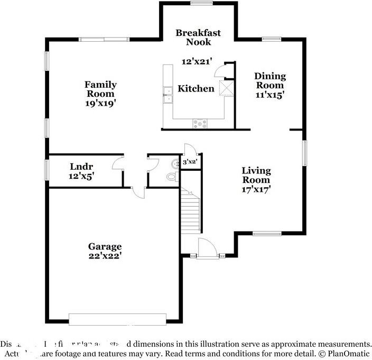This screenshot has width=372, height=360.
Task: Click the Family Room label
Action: pyautogui.click(x=100, y=89)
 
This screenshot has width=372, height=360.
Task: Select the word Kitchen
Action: pyautogui.click(x=196, y=89)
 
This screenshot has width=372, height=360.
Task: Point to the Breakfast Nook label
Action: pyautogui.click(x=198, y=37)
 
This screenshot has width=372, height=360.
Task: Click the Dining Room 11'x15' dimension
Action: pyautogui.click(x=270, y=95)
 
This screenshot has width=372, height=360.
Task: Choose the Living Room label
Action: pyautogui.click(x=256, y=176)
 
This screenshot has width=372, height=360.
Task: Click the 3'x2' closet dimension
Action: pyautogui.click(x=190, y=162)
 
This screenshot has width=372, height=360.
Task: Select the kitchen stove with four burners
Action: pyautogui.click(x=200, y=124)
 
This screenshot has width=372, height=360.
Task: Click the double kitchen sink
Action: pyautogui.click(x=168, y=95)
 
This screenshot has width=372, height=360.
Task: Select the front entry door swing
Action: pyautogui.click(x=207, y=247)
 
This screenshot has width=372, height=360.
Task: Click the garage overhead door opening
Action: pyautogui.click(x=118, y=319)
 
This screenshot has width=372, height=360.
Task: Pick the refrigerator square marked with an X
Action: pyautogui.click(x=226, y=88)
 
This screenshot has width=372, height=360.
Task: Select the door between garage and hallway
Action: pyautogui.click(x=138, y=192)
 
